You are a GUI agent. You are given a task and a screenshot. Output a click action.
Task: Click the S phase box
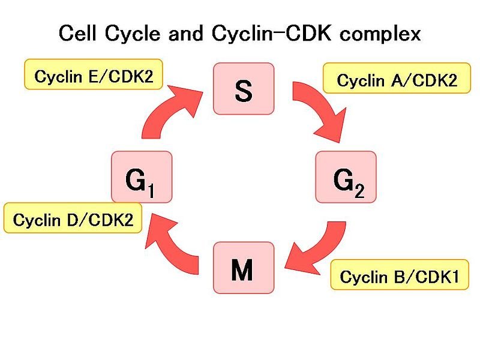pos(244,89)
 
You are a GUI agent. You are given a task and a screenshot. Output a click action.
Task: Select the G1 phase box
pos(142,177)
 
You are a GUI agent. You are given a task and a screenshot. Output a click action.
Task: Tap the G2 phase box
pos(346,177)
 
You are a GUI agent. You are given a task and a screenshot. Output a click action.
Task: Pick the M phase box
pos(244,268)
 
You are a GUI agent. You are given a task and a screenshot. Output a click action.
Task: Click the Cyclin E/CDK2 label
pos(94,74)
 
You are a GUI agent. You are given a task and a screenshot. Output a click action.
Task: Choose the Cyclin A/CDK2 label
pos(397,78)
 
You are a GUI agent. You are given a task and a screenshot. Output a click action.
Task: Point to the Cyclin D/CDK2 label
pos(73,218)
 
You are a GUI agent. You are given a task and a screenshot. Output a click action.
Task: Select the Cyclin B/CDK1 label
pos(400,275)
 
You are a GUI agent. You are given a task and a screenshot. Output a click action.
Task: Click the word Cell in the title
pos(77,33)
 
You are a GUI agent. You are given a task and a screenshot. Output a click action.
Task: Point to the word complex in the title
pos(380,34)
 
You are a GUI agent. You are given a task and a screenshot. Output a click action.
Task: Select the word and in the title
pos(185,33)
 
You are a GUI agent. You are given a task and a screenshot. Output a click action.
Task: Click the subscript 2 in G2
pos(359,190)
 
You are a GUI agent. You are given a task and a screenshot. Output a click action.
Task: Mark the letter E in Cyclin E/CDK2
pos(93,77)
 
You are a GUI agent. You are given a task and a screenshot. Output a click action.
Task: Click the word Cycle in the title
pos(132,34)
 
